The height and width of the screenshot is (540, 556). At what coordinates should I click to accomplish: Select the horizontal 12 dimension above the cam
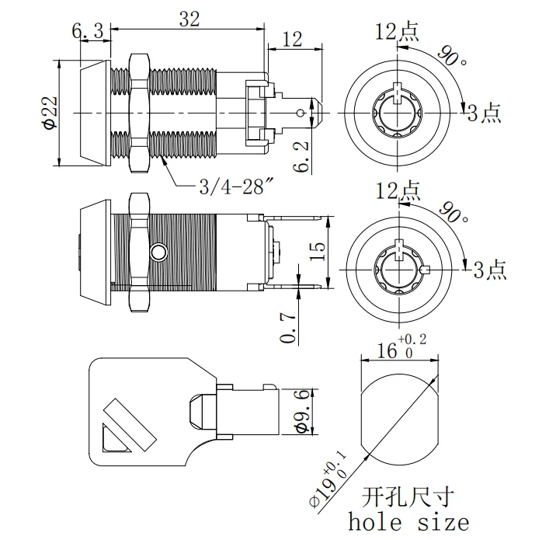click(x=292, y=39)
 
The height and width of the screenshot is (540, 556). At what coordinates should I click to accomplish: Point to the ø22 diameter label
click(x=48, y=113)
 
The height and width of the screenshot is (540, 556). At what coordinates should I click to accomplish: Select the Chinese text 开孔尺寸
click(x=408, y=495)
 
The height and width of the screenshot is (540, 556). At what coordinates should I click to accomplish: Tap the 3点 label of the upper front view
click(x=484, y=113)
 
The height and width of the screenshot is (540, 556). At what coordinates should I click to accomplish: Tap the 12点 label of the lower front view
click(x=397, y=190)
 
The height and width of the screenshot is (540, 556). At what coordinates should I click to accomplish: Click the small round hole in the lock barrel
click(x=158, y=253)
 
